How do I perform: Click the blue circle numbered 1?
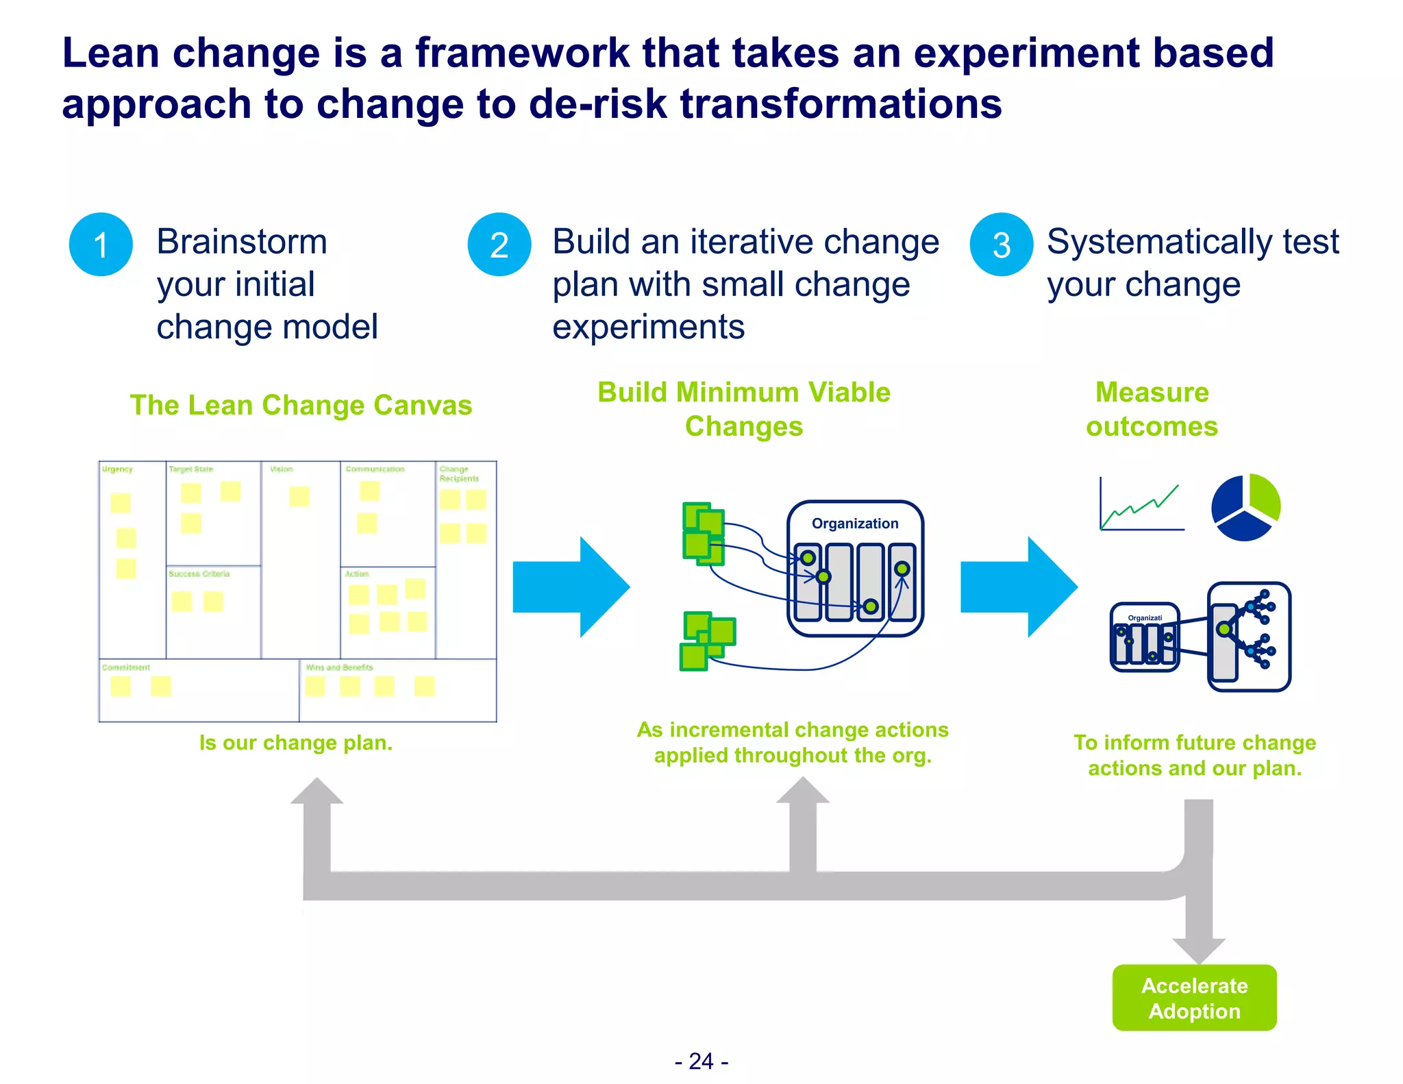click(x=101, y=245)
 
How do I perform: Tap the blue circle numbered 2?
click(x=499, y=245)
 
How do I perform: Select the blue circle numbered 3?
click(x=1001, y=245)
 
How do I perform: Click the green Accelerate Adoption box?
click(x=1194, y=998)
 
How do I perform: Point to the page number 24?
click(x=701, y=1061)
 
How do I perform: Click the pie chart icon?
click(x=1245, y=507)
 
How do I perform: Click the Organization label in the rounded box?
click(x=854, y=523)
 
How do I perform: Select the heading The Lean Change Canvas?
click(x=301, y=405)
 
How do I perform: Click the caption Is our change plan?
click(x=295, y=743)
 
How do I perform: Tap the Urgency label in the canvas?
click(x=117, y=469)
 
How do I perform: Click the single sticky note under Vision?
click(x=299, y=496)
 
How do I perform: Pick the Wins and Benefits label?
click(x=340, y=667)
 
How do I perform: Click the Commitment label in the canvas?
click(x=126, y=667)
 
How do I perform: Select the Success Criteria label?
click(x=199, y=574)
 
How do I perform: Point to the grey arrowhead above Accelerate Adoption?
click(x=1198, y=950)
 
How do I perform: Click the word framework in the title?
click(x=522, y=53)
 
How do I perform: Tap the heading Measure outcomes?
click(x=1152, y=409)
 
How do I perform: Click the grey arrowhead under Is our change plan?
click(x=316, y=791)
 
